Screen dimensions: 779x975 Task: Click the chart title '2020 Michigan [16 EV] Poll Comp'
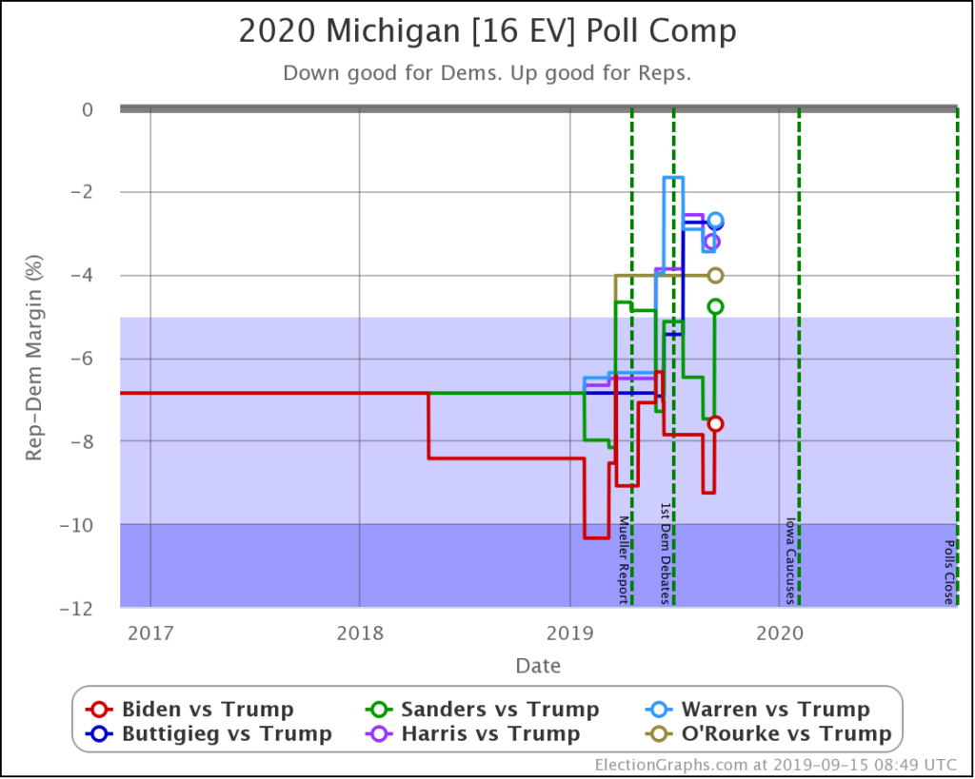coord(487,31)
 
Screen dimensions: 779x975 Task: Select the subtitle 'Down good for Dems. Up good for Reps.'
coord(487,73)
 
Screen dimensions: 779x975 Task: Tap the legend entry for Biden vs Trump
coord(190,710)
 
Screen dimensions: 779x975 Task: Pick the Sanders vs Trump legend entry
coord(483,710)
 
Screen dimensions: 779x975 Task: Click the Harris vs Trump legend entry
coord(473,733)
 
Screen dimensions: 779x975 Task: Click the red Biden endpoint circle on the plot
coord(715,423)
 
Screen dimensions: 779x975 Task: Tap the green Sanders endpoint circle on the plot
coord(715,306)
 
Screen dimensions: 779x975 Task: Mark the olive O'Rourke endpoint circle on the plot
coord(715,275)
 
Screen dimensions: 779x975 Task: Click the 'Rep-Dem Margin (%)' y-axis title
coord(34,358)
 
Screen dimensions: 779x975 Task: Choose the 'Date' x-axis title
coord(538,666)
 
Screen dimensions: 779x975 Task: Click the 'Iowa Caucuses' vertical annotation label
coord(789,560)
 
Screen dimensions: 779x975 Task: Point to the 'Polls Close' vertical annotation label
coord(948,573)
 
